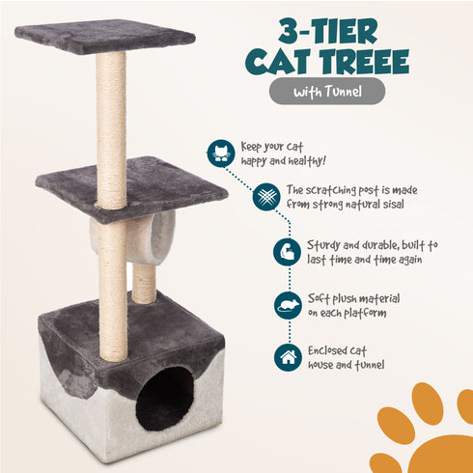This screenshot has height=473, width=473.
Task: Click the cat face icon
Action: point(221,153)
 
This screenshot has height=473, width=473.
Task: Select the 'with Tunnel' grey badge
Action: point(326,92)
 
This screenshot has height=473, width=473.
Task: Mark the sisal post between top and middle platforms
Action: point(111,125)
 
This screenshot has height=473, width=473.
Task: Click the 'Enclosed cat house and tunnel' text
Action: point(348,357)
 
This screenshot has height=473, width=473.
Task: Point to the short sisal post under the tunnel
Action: point(144,282)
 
